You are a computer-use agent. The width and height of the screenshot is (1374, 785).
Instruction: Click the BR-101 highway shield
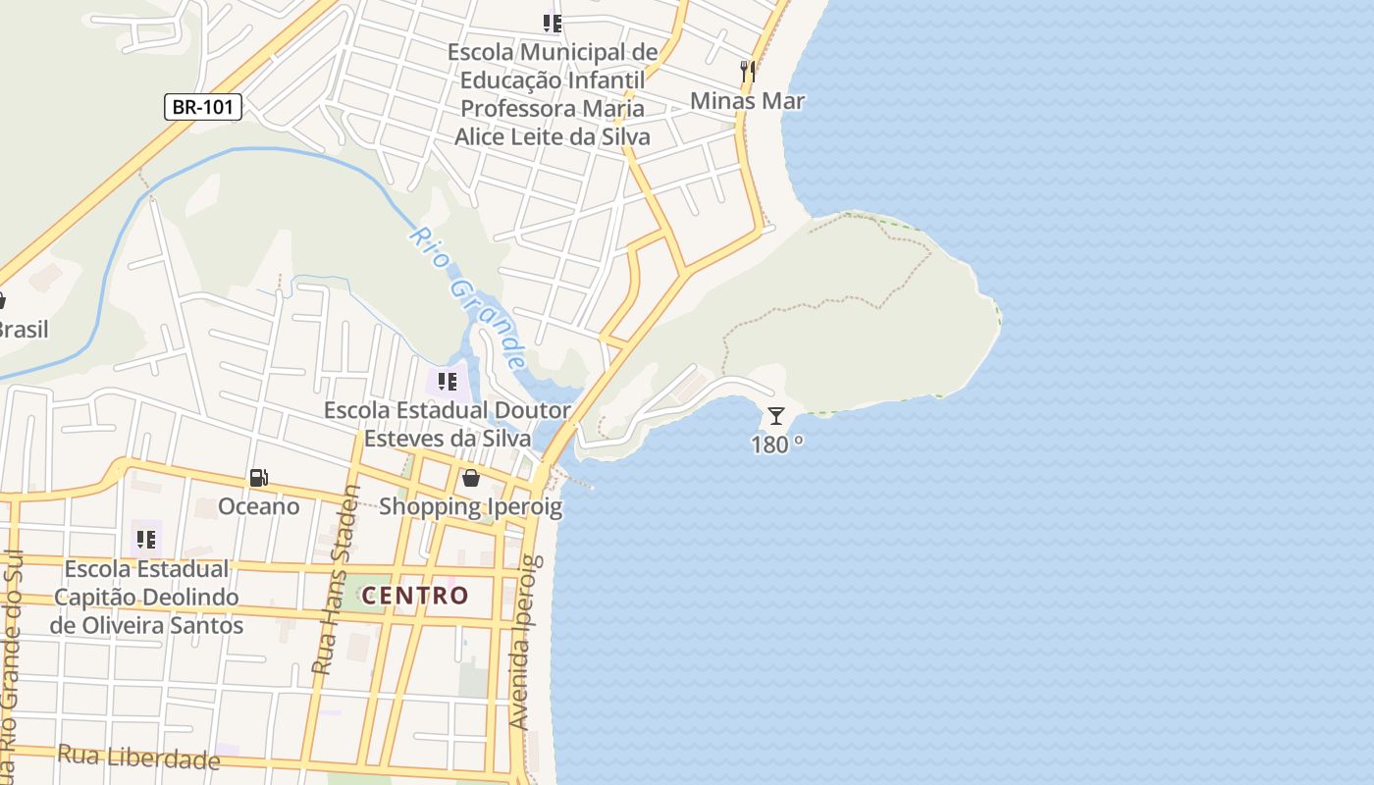(203, 107)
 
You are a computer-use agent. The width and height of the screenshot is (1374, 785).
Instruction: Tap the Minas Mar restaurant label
(747, 101)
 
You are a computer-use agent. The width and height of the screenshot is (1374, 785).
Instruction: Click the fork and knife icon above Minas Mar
(747, 71)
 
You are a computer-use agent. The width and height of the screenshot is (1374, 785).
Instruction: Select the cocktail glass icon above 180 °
(776, 416)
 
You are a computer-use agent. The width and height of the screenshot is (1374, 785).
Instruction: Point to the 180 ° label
(776, 445)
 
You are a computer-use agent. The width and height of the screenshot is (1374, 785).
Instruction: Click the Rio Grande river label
(469, 297)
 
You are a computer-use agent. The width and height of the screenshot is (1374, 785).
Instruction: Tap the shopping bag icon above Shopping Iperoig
(471, 478)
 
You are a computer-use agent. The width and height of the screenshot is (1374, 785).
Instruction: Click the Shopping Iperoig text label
(471, 506)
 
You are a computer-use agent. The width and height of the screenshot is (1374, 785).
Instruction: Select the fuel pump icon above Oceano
(259, 478)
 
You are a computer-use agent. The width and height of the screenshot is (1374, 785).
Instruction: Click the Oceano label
(259, 506)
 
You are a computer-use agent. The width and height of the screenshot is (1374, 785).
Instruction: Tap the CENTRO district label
(415, 596)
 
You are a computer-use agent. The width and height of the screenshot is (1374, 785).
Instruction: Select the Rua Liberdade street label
(138, 757)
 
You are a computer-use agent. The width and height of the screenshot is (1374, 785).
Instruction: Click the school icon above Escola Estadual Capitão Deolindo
(146, 539)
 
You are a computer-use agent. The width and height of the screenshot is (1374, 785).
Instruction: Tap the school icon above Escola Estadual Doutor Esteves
(448, 381)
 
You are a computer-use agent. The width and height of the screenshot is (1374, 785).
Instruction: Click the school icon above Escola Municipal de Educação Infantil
(553, 23)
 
